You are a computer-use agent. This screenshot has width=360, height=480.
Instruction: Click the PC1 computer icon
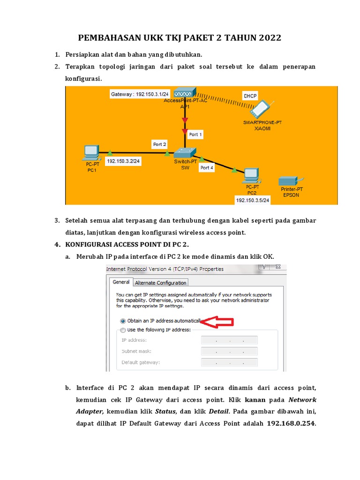[x=91, y=151]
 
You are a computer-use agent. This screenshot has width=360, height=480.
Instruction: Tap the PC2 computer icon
[x=251, y=174]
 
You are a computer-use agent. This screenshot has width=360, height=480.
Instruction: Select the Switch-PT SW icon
[x=185, y=152]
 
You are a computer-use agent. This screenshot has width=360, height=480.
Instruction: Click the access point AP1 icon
[x=185, y=93]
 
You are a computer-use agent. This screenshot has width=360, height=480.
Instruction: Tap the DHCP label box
[x=250, y=96]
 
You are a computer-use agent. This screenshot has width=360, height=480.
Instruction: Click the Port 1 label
[x=195, y=135]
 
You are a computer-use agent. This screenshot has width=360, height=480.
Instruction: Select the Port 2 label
[x=160, y=144]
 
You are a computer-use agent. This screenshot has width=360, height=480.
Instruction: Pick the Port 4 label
[x=207, y=167]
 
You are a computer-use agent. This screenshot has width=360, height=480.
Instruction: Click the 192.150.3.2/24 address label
[x=123, y=161]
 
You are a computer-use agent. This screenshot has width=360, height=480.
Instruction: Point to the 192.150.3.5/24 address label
[x=253, y=200]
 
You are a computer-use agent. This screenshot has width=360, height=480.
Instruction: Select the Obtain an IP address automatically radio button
[x=123, y=321]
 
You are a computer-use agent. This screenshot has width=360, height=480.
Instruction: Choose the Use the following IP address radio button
[x=123, y=330]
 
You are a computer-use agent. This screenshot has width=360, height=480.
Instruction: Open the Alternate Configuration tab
[x=161, y=283]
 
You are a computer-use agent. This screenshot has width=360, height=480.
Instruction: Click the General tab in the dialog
[x=121, y=282]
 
